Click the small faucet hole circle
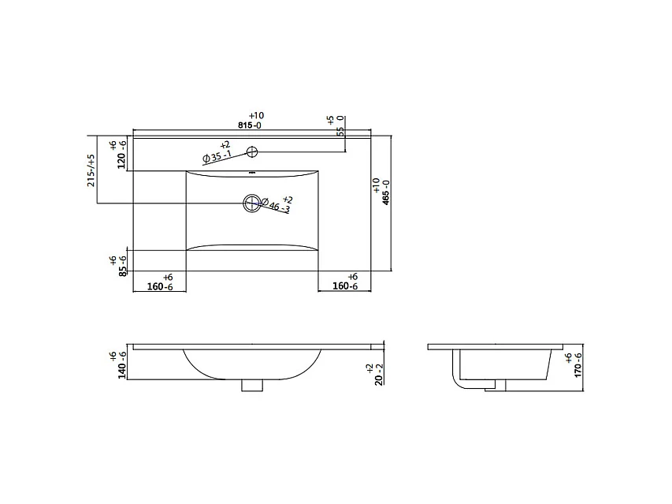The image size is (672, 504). [251, 151]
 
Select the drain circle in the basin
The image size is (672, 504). [251, 204]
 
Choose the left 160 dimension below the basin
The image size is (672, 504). [159, 287]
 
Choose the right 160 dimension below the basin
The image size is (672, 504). [345, 287]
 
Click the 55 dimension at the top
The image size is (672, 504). [340, 131]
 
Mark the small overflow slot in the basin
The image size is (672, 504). [251, 173]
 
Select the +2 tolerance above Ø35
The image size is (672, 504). [225, 145]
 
